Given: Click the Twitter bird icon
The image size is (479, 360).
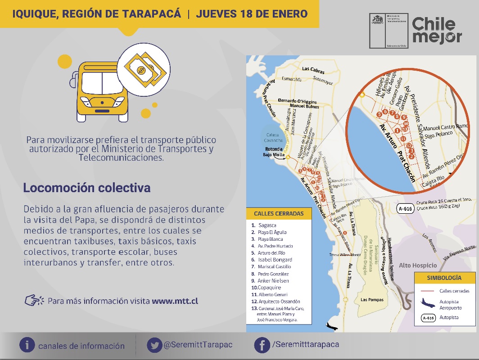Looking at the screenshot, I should [155, 345].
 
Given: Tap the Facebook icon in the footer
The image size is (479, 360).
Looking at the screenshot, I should [262, 345].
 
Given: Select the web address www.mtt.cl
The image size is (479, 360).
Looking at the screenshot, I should [175, 301].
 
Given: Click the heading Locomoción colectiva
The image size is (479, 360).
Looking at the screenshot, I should [87, 188].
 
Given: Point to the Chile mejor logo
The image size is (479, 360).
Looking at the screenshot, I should [437, 30].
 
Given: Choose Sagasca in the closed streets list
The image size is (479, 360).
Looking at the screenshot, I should [267, 225].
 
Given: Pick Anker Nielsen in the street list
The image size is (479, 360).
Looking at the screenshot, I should [273, 281].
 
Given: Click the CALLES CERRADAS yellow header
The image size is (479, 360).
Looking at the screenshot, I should [279, 213].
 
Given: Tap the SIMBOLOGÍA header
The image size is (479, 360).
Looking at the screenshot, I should [444, 278].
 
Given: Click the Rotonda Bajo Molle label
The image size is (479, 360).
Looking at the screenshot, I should [274, 152].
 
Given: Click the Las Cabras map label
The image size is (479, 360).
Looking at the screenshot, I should [313, 69].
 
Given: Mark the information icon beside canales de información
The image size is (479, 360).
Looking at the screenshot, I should [27, 345].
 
